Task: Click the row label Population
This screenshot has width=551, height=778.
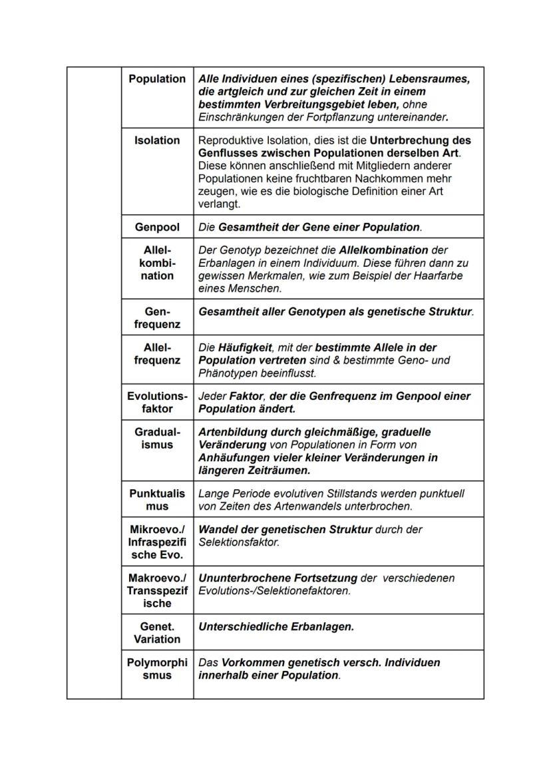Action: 157,79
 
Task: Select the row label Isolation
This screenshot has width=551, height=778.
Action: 157,140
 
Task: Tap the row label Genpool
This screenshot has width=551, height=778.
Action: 157,227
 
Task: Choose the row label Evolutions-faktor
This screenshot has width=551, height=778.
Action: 157,402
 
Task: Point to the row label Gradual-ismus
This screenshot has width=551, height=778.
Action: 157,438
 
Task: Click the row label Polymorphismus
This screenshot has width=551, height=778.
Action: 157,669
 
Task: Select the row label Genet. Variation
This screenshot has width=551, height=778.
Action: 157,633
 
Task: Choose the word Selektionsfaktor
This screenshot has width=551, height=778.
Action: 238,542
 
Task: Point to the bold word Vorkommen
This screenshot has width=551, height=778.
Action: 249,662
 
